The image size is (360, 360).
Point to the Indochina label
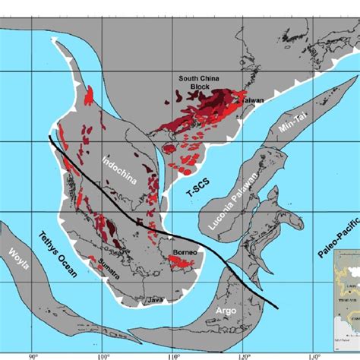click(x=112, y=166)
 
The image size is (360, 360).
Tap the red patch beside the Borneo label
click(x=178, y=263)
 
